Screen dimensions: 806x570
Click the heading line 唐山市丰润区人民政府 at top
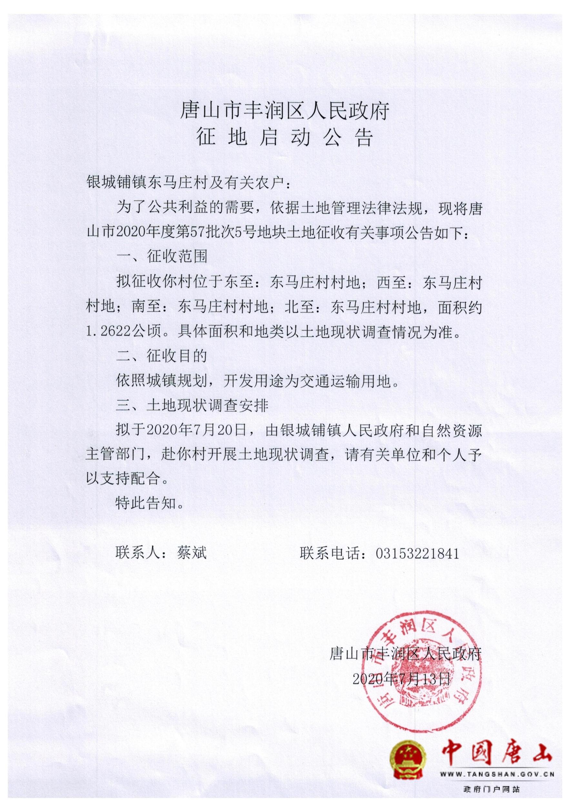pos(285,111)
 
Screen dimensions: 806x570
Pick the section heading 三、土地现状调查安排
pos(192,406)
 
